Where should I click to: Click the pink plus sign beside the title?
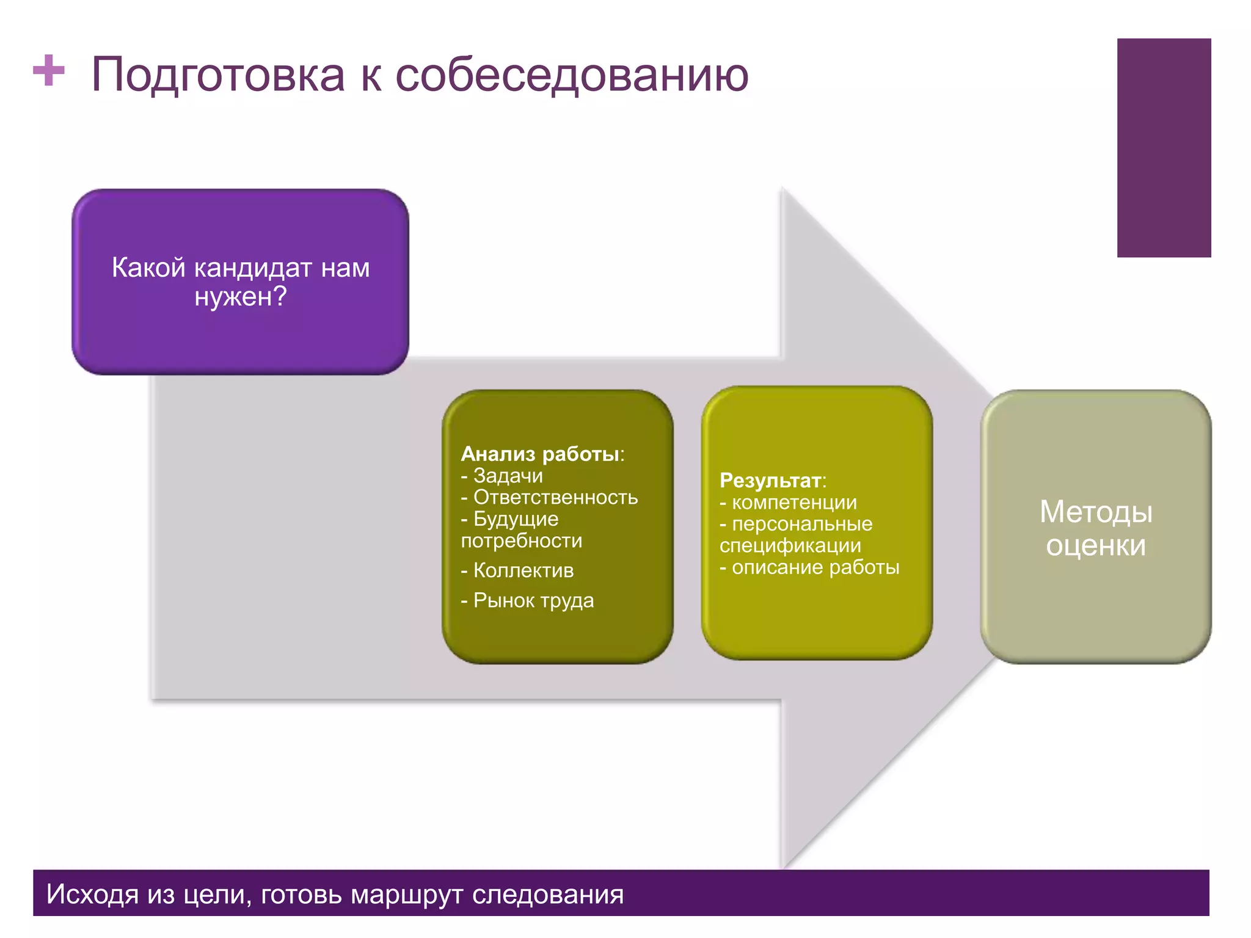pyautogui.click(x=49, y=71)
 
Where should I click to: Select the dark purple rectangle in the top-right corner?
pyautogui.click(x=1164, y=148)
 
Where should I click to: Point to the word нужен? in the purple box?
pyautogui.click(x=241, y=297)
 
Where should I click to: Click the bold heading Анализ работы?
pyautogui.click(x=541, y=454)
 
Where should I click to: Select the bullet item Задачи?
pyautogui.click(x=508, y=476)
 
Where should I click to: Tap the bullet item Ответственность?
pyautogui.click(x=555, y=498)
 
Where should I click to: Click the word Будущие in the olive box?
pyautogui.click(x=516, y=519)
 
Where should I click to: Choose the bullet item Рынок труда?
pyautogui.click(x=533, y=600)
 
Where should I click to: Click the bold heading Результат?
pyautogui.click(x=770, y=481)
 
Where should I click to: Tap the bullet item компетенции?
pyautogui.click(x=794, y=503)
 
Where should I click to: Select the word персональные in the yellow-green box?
pyautogui.click(x=802, y=524)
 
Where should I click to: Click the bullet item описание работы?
pyautogui.click(x=815, y=567)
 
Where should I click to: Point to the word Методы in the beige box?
pyautogui.click(x=1096, y=512)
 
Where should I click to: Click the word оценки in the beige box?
pyautogui.click(x=1096, y=545)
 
